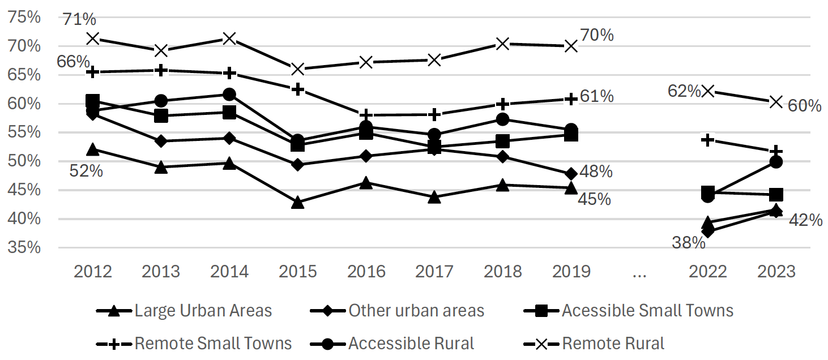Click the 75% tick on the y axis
(24, 17)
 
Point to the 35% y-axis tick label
(24, 247)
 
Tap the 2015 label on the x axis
(298, 271)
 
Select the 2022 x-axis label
(707, 271)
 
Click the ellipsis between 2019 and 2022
(639, 273)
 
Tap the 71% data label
(79, 19)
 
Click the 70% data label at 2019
(597, 35)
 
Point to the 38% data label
(689, 243)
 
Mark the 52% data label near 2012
(86, 170)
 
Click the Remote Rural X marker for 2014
(229, 38)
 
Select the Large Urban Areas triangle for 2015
(298, 203)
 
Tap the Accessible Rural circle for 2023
(776, 162)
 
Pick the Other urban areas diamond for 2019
(571, 173)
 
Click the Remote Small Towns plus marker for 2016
(366, 115)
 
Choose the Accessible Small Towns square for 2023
(776, 195)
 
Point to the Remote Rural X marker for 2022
(707, 91)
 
